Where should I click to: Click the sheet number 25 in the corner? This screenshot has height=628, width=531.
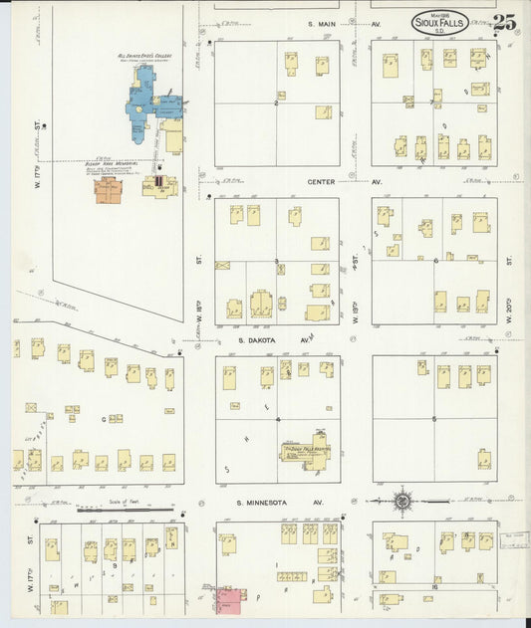pos(504,23)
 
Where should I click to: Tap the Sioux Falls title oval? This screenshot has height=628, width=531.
pos(437,23)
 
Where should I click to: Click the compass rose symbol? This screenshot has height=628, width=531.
pos(403,501)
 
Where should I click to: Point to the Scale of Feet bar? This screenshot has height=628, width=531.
pos(126,510)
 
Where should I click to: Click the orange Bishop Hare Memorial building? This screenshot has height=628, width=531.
pos(108,190)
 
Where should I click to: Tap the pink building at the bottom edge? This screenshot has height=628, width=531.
pos(230,599)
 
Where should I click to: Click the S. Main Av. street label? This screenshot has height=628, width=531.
pos(327,23)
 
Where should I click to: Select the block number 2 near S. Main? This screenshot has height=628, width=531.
pos(276,103)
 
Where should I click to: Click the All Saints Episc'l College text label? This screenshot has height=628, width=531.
pos(145,57)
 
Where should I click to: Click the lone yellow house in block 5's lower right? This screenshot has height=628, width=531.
pos(483,459)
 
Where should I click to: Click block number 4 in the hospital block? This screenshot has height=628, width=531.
pos(278,419)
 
